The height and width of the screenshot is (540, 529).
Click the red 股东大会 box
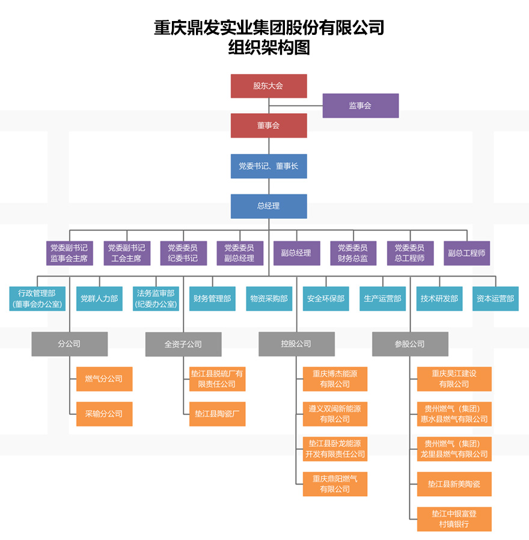pyautogui.click(x=269, y=86)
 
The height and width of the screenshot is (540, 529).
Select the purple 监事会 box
pyautogui.click(x=361, y=105)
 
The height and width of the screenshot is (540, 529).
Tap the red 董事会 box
pyautogui.click(x=269, y=126)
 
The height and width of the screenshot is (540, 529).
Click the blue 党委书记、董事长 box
pyautogui.click(x=269, y=166)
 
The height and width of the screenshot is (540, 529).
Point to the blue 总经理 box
pyautogui.click(x=269, y=206)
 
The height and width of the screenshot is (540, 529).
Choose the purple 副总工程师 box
pyautogui.click(x=466, y=253)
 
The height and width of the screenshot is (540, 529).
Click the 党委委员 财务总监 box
pyautogui.click(x=353, y=253)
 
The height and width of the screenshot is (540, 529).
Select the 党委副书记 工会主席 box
pyautogui.click(x=126, y=253)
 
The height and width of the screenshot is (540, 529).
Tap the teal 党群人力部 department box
pyautogui.click(x=99, y=298)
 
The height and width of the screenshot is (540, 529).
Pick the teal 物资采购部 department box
pyautogui.click(x=269, y=298)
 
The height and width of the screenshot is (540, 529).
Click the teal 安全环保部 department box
pyautogui.click(x=326, y=298)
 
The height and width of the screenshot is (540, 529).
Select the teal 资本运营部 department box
pyautogui.click(x=495, y=298)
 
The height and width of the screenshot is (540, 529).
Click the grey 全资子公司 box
pyautogui.click(x=183, y=344)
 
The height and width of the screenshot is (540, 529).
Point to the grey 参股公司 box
pyautogui.click(x=410, y=344)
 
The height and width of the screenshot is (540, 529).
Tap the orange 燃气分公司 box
pyautogui.click(x=104, y=379)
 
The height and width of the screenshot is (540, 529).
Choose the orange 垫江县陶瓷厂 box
pyautogui.click(x=217, y=414)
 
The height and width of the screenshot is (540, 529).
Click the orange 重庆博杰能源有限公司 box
pyautogui.click(x=335, y=379)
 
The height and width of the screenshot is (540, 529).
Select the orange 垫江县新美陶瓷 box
pyautogui.click(x=454, y=484)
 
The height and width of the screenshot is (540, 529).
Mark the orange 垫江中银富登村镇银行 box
pyautogui.click(x=454, y=519)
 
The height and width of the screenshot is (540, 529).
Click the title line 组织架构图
pyautogui.click(x=269, y=48)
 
